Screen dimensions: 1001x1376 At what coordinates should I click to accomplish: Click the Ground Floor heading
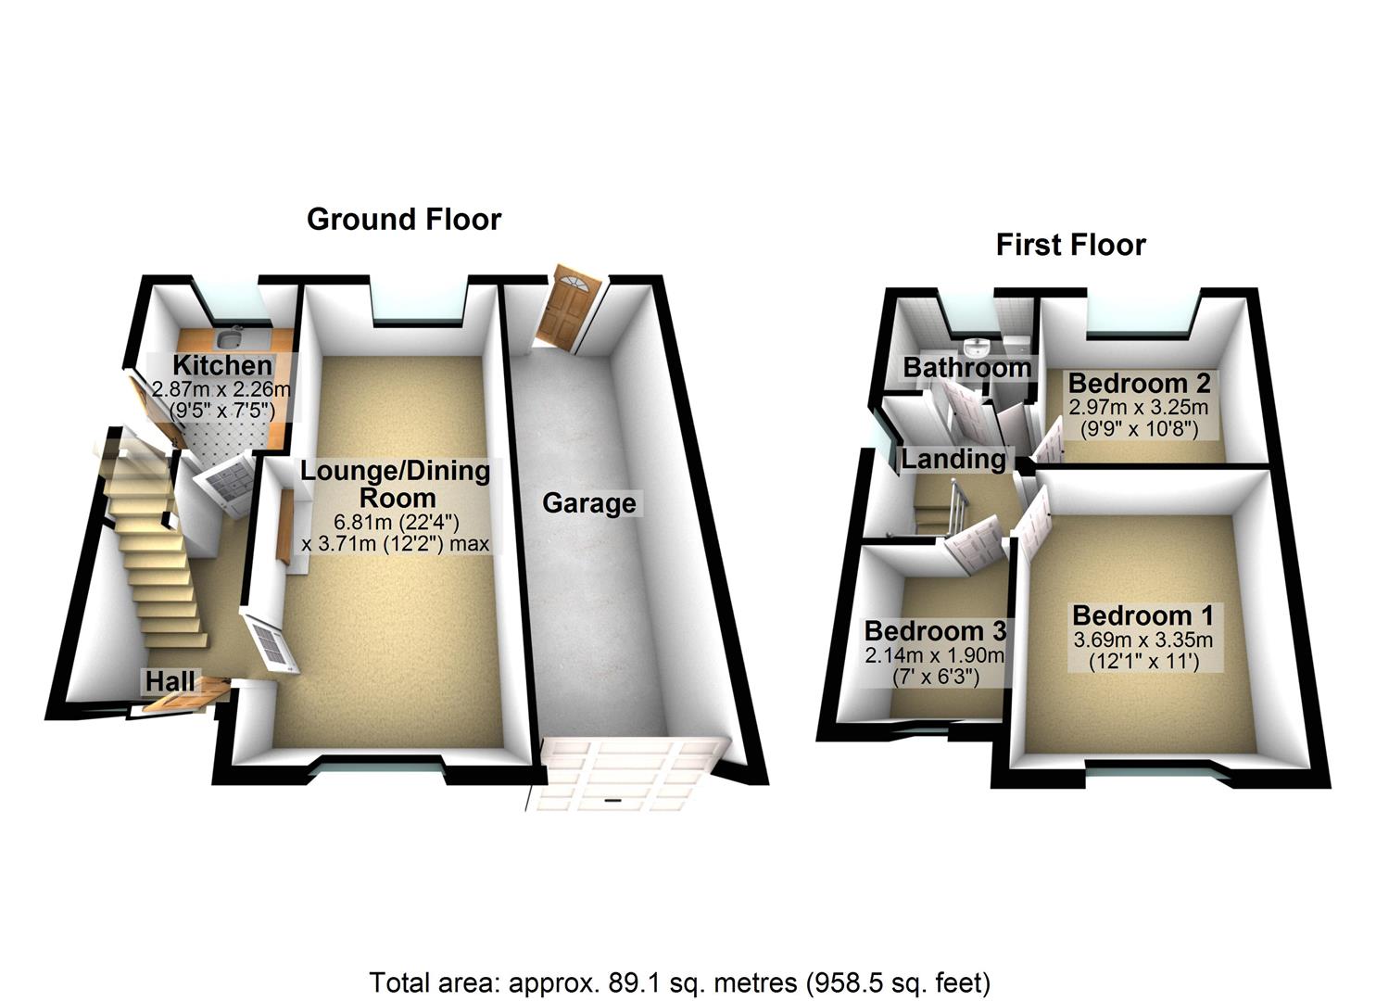point(404,220)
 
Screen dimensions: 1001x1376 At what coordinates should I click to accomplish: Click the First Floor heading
point(1070,245)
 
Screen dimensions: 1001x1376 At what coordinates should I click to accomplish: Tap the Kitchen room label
point(222,365)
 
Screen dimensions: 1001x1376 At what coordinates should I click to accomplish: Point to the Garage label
point(589,503)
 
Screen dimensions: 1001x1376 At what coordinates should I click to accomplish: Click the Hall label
point(170,681)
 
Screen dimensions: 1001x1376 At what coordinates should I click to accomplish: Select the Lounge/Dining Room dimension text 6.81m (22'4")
point(396,522)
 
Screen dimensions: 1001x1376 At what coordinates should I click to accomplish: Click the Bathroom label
point(967,367)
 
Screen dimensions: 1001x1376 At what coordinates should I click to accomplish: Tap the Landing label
point(953,459)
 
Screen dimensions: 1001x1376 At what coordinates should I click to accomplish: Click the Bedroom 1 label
point(1142,615)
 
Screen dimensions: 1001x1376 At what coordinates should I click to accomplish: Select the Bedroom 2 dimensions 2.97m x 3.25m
point(1139,407)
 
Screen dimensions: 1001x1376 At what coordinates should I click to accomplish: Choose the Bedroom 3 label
point(935,631)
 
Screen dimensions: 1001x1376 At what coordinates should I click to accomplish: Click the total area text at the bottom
point(680,982)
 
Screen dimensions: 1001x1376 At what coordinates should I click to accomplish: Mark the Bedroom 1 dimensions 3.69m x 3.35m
point(1142,640)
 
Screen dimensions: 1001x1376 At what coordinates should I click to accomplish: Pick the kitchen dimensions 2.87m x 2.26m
point(221,389)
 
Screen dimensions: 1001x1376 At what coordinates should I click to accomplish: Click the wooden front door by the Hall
point(185,697)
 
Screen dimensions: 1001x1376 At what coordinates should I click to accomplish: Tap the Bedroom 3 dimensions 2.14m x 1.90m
point(935,655)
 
